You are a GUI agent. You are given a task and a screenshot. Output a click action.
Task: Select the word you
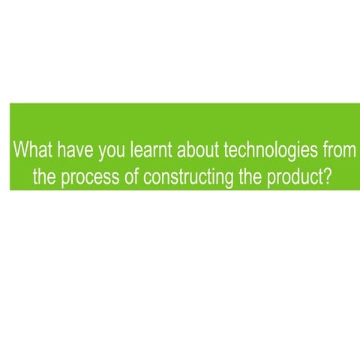(112, 149)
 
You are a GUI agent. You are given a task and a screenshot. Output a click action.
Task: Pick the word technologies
(266, 149)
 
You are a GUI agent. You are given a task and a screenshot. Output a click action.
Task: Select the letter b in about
(190, 148)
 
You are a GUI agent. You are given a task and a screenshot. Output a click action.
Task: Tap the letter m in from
(347, 149)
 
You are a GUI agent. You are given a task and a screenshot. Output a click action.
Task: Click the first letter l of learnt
(133, 148)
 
